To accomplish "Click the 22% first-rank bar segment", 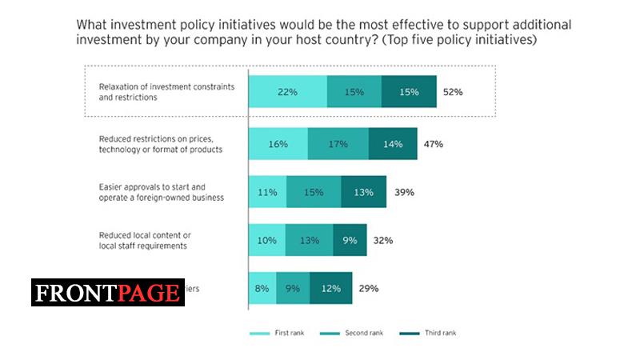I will (x=287, y=92).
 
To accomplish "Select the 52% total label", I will (x=453, y=92).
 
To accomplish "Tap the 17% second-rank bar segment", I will (x=338, y=144).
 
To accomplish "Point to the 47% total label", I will (x=434, y=144).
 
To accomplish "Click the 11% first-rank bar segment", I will (x=267, y=192).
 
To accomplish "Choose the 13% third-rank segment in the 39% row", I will (x=363, y=192).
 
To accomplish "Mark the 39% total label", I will (x=403, y=192).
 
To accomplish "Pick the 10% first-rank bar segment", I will (x=266, y=240).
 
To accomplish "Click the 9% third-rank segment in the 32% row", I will (x=349, y=240).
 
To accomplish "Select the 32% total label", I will (x=383, y=240).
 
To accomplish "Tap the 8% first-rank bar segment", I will (x=262, y=288).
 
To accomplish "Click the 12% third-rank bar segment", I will (x=330, y=288).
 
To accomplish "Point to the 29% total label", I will (x=368, y=288).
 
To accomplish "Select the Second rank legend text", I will (x=365, y=332).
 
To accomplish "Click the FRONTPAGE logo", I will (x=108, y=292).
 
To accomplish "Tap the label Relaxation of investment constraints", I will (x=166, y=86).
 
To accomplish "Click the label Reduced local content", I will (x=144, y=235).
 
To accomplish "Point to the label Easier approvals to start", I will (x=152, y=187).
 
